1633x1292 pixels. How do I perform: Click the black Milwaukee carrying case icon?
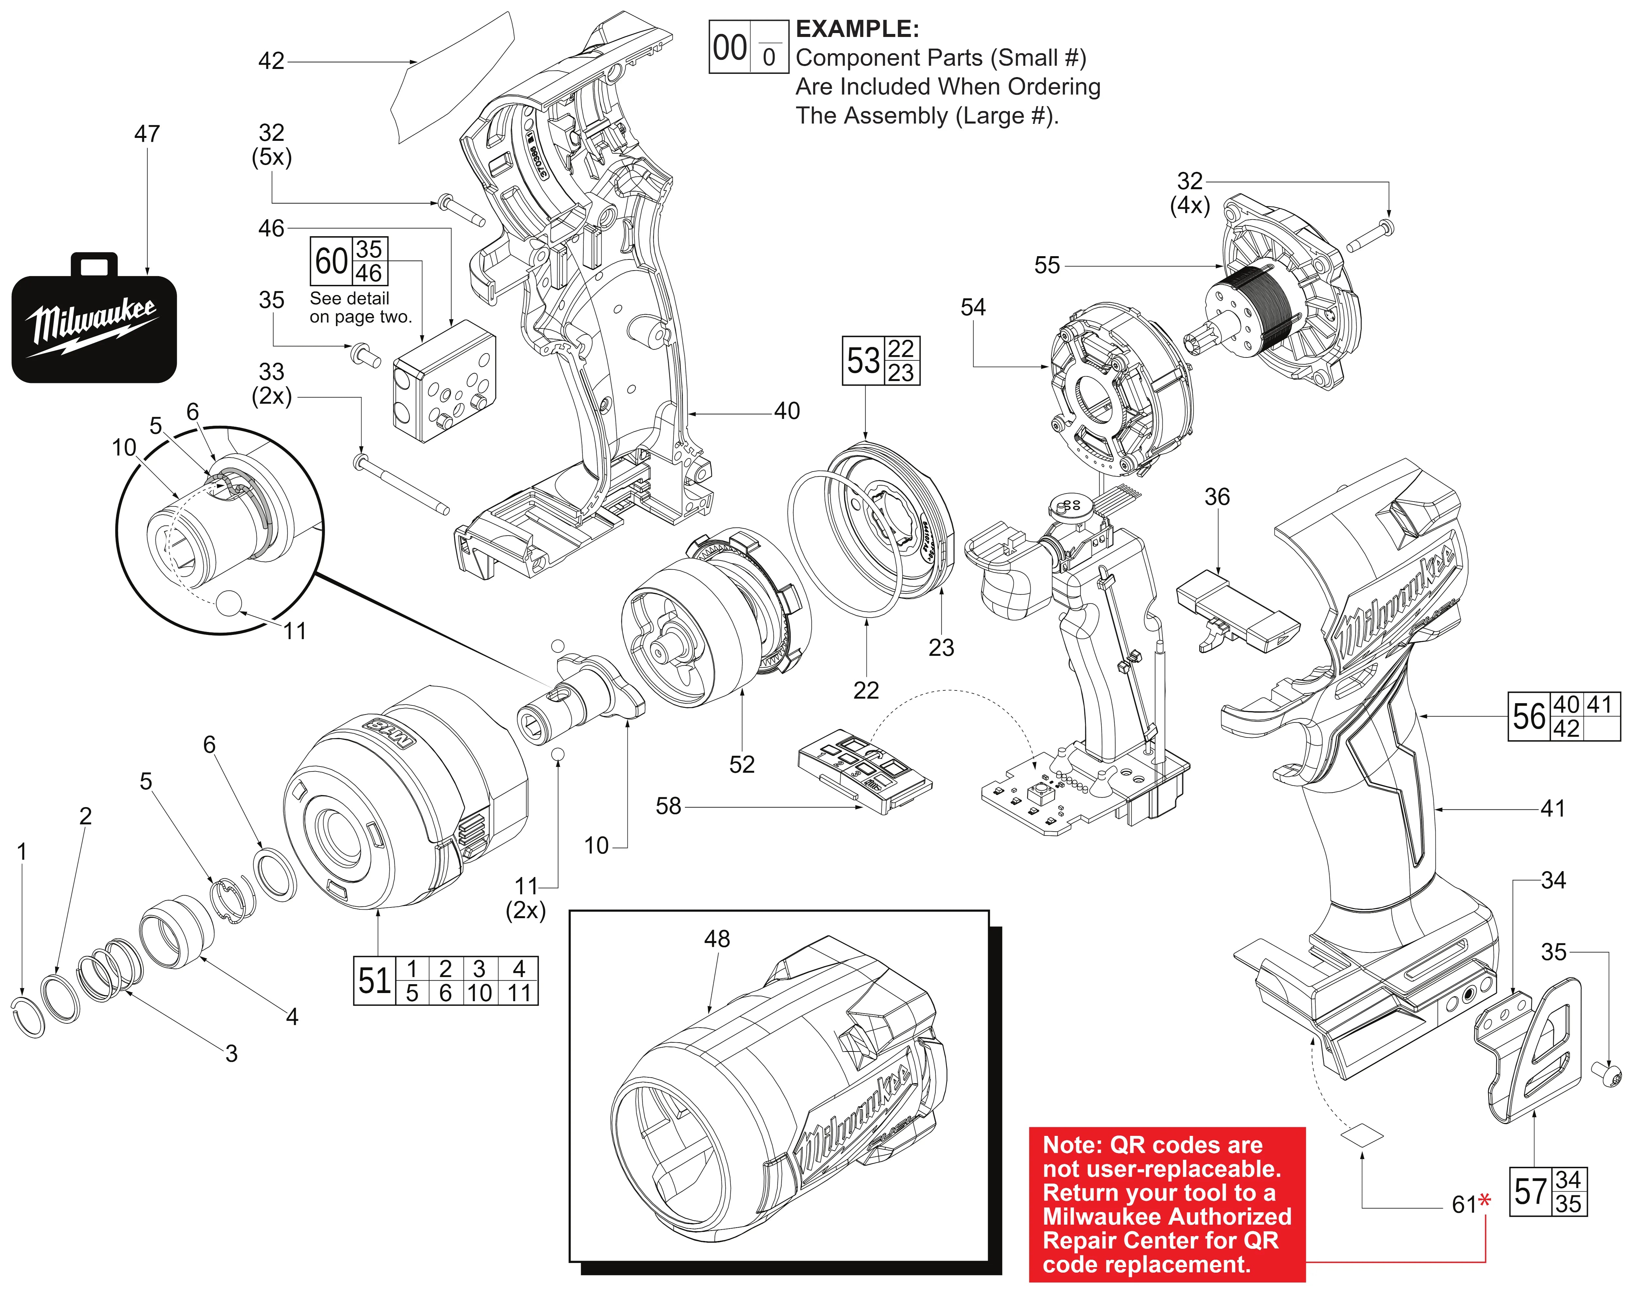(x=94, y=318)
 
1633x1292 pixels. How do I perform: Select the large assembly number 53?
(x=864, y=361)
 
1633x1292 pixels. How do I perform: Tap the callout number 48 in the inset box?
(x=717, y=939)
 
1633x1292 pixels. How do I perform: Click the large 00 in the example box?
(x=730, y=48)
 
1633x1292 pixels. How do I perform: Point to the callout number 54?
(x=973, y=307)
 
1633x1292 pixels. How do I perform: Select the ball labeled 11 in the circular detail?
(x=229, y=603)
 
